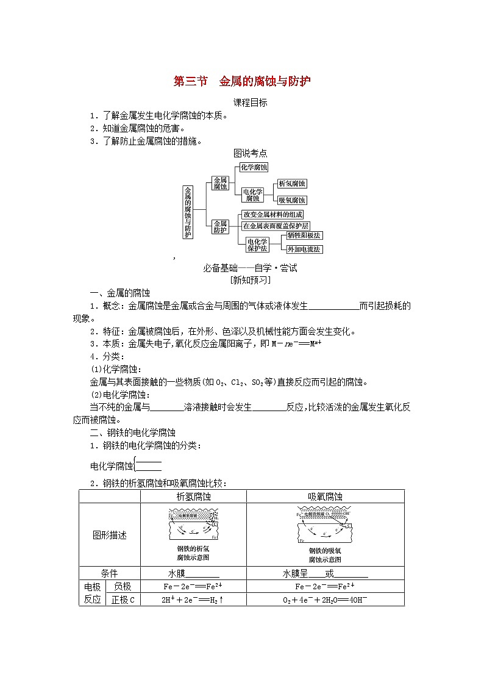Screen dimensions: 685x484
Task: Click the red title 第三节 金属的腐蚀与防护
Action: (243, 81)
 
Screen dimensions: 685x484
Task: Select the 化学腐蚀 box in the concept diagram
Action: (254, 167)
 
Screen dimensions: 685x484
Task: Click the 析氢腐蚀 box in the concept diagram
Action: (291, 184)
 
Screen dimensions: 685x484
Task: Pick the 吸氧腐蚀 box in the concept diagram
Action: (291, 200)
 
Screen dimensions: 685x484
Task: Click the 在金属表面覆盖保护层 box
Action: (276, 226)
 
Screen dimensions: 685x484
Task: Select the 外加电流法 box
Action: (304, 249)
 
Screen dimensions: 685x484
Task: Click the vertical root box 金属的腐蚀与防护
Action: (188, 212)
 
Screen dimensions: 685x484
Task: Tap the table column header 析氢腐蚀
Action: (193, 497)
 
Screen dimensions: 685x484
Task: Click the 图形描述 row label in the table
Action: (110, 535)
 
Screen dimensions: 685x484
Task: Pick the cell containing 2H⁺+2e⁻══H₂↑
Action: (193, 600)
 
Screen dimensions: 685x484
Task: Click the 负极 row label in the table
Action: (123, 586)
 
